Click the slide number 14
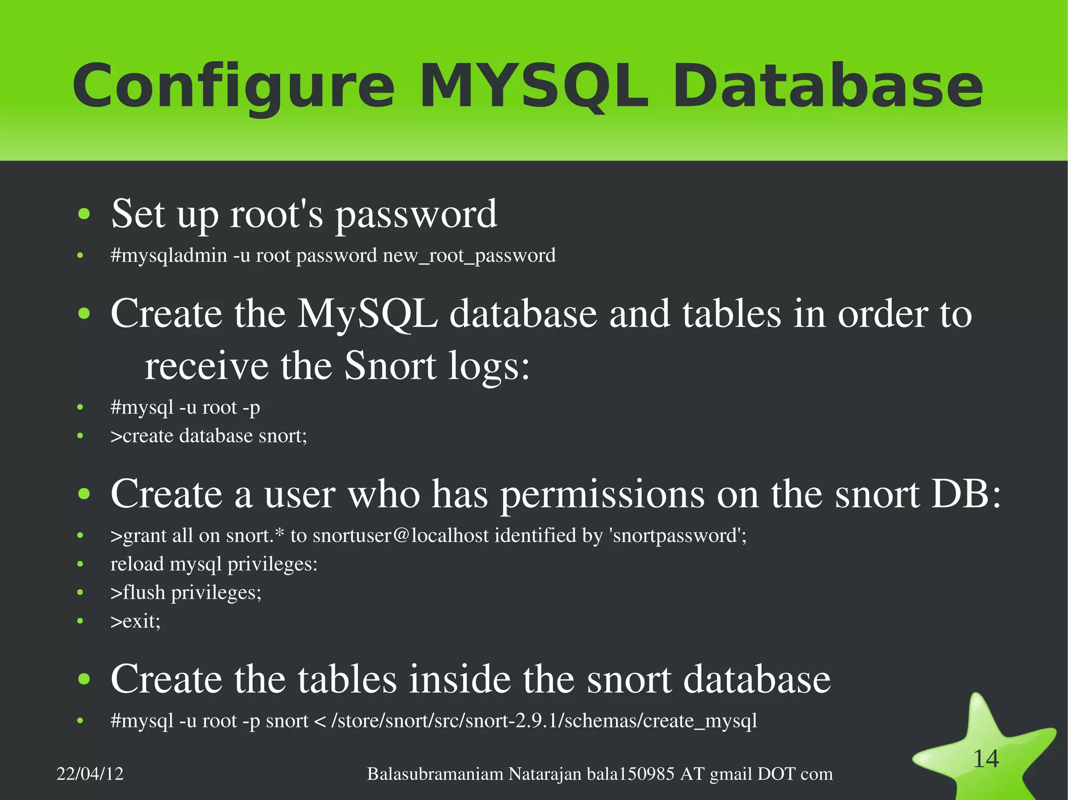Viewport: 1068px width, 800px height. point(986,759)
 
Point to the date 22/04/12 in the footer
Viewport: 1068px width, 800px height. point(90,774)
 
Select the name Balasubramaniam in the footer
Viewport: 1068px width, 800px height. point(435,774)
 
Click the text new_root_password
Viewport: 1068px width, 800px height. point(469,256)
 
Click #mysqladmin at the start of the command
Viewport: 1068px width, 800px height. point(169,256)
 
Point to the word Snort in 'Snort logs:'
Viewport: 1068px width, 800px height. point(390,366)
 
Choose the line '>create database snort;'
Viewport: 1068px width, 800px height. point(209,436)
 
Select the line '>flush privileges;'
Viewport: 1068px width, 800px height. point(186,593)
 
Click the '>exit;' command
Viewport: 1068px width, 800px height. point(136,621)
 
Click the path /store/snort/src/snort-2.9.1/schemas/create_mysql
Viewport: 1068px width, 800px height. point(544,721)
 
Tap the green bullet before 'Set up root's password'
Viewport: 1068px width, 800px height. point(83,214)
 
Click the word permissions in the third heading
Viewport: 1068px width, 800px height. point(602,494)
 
